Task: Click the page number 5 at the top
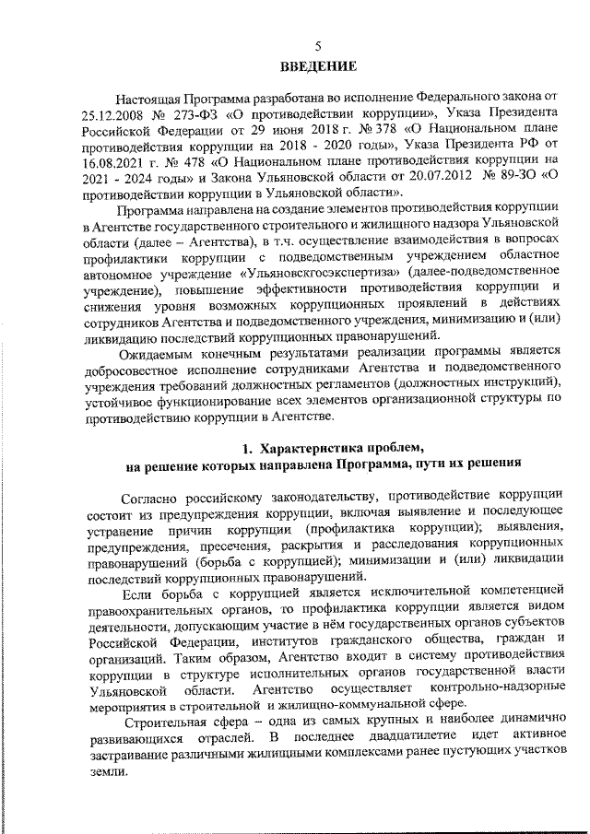(318, 47)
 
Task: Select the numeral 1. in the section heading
(246, 448)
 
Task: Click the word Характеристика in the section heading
(310, 448)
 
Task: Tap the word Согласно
(148, 494)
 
